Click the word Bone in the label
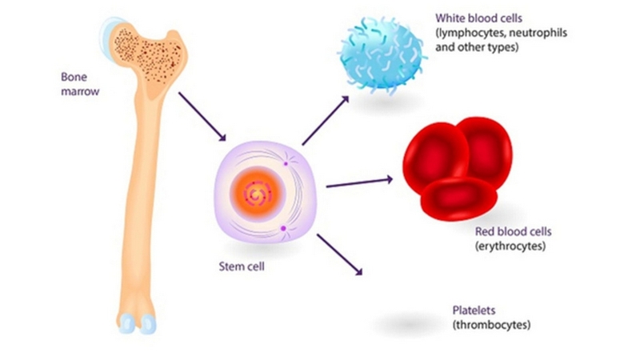(x=74, y=78)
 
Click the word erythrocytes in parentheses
(x=510, y=246)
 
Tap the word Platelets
(x=473, y=311)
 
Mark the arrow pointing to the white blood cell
(x=326, y=119)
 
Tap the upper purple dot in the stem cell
(x=285, y=164)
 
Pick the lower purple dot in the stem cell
(x=284, y=229)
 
